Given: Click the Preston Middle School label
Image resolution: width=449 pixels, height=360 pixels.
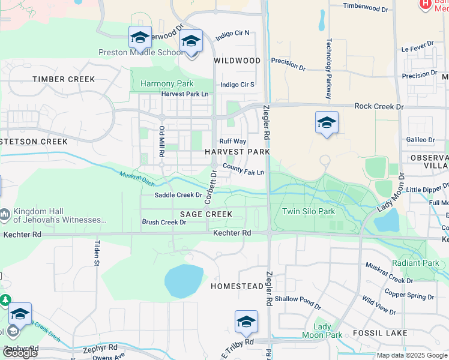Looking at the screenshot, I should coord(141,52).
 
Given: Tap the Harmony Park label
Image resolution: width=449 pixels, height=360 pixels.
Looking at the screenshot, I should coord(167,83).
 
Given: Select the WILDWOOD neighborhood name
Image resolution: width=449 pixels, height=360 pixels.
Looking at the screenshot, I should coord(238,61).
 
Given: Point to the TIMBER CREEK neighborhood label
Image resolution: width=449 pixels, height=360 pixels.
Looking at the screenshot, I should coord(64,79).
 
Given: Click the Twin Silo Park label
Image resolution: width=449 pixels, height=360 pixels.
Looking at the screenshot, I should coord(309,211).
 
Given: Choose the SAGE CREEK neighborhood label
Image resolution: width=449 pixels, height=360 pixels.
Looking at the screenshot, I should coord(206,214).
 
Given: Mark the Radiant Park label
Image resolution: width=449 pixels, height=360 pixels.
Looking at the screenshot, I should coord(415,263).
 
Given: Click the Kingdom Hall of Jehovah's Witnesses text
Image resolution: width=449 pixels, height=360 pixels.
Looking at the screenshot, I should coord(59,216).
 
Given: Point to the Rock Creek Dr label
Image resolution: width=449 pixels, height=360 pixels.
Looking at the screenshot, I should coord(378,106).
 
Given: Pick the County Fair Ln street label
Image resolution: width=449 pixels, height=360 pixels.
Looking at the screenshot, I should coord(243,169).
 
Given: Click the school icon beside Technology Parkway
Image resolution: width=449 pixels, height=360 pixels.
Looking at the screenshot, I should coord(327,122).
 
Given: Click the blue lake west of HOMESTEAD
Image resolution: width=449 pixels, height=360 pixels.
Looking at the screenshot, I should coord(184,280).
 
